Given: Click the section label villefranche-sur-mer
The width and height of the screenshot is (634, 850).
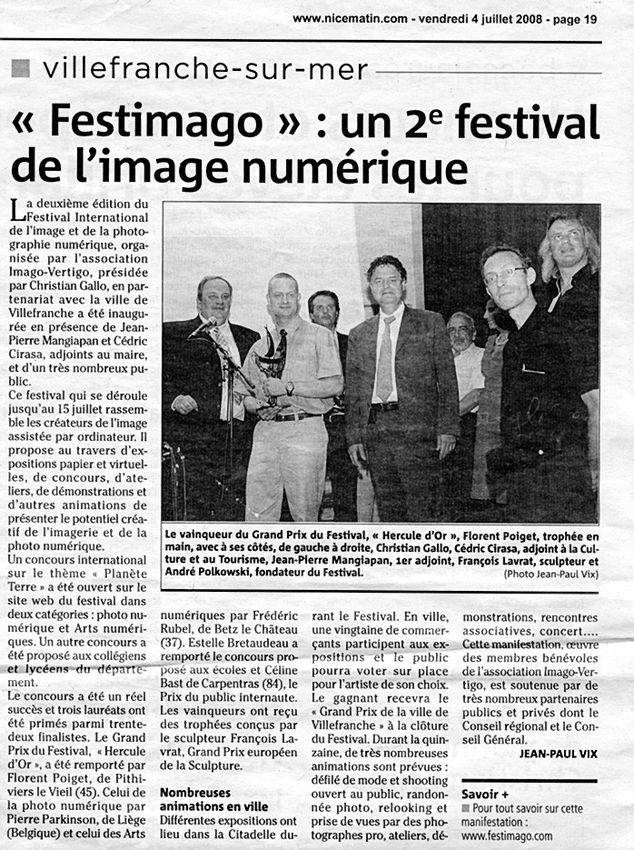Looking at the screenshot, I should pyautogui.click(x=205, y=68).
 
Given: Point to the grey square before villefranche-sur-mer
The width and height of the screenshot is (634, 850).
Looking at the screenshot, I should pyautogui.click(x=23, y=68).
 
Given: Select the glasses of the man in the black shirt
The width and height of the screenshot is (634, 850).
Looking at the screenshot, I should pyautogui.click(x=505, y=274).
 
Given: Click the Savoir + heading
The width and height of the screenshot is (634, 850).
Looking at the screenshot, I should pyautogui.click(x=486, y=793).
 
